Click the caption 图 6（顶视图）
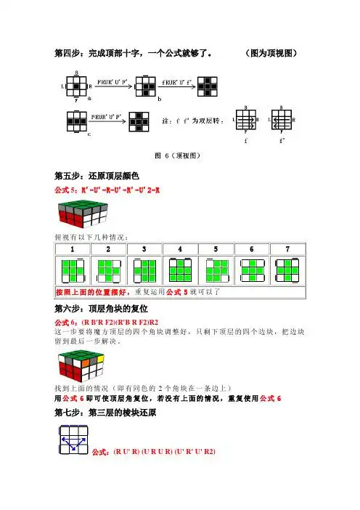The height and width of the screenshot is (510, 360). (179, 155)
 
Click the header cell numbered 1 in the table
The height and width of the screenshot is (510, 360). (73, 249)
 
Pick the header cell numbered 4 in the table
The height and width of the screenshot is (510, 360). (179, 249)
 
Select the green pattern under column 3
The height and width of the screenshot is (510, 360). (143, 270)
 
